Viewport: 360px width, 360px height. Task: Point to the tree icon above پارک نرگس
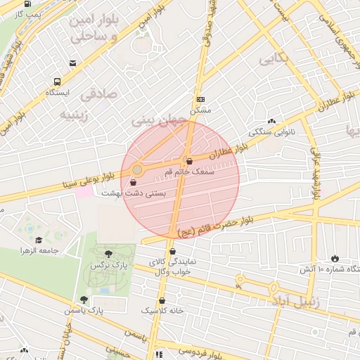(x=107, y=255)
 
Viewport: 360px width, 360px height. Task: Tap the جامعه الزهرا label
(x=38, y=250)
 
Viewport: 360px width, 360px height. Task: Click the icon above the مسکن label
(x=200, y=99)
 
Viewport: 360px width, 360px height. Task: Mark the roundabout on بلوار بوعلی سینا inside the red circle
(x=136, y=169)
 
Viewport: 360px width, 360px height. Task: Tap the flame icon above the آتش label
(x=334, y=259)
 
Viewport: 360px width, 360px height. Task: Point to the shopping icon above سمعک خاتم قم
(x=188, y=160)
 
